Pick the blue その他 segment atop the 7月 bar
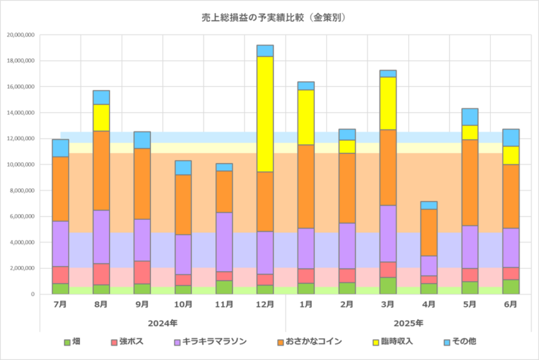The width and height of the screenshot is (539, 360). [60, 148]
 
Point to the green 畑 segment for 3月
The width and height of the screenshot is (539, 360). [388, 285]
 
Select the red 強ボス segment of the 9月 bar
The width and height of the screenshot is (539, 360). [142, 272]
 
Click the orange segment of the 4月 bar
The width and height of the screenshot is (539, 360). [429, 232]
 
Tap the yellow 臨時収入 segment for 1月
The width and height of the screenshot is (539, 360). [306, 117]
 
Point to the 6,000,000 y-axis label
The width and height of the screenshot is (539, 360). [22, 216]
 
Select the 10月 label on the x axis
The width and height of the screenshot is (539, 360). [183, 305]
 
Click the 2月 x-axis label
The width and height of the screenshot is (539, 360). [347, 305]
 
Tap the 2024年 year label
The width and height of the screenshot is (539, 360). [163, 323]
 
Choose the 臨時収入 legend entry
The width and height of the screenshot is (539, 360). [391, 343]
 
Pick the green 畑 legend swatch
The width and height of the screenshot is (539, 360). [67, 343]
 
